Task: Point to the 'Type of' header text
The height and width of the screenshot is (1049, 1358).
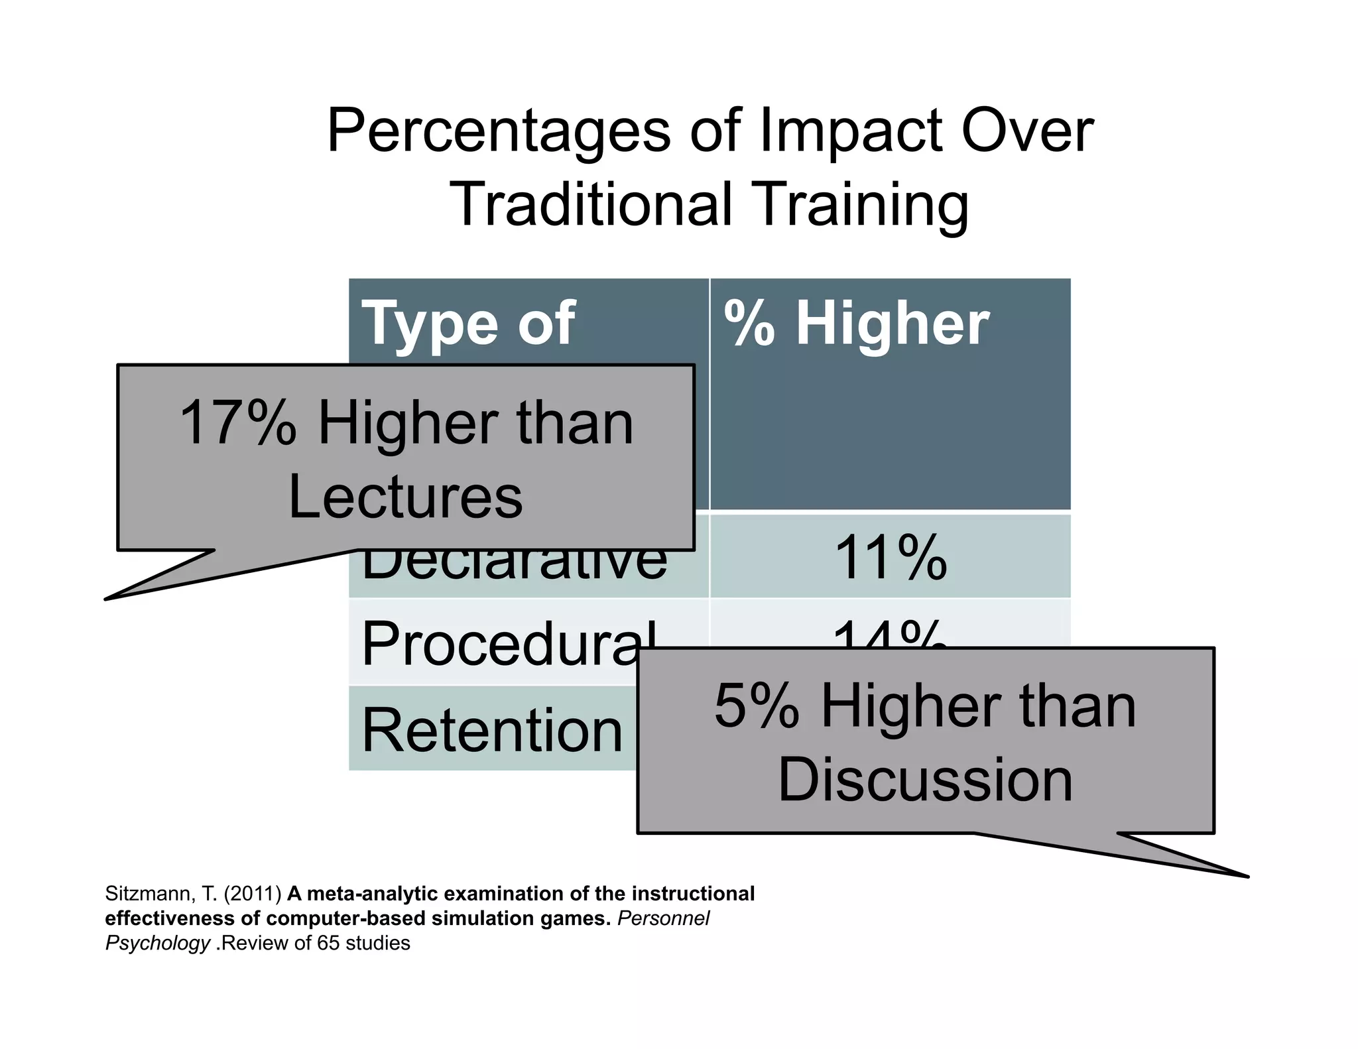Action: [468, 324]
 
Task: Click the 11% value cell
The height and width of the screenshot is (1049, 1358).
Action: [891, 558]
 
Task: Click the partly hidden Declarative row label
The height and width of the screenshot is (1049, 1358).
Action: [515, 568]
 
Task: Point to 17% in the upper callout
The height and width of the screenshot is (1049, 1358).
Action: [237, 424]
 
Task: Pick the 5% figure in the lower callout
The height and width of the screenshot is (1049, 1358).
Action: [756, 707]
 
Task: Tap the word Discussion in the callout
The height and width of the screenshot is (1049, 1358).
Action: [925, 780]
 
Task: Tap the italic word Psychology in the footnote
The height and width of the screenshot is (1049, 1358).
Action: [158, 944]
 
